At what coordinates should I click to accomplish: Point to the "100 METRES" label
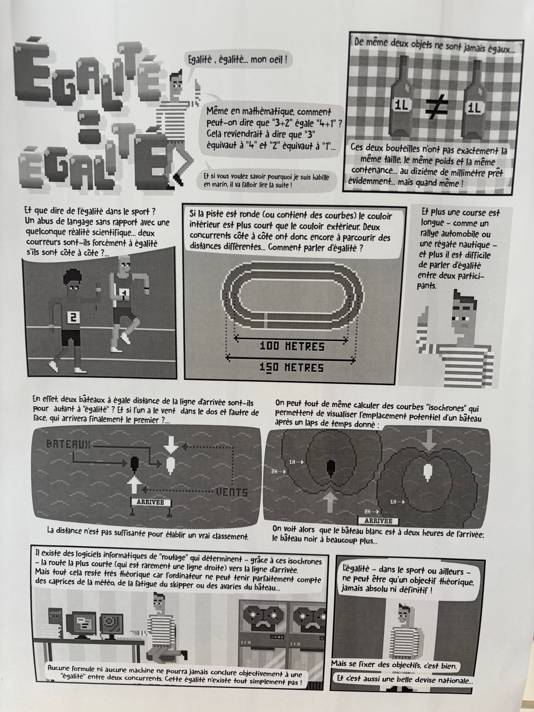292,346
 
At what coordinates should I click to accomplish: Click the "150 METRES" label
292,368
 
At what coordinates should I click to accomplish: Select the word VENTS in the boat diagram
232,493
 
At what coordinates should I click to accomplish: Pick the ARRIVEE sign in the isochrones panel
378,521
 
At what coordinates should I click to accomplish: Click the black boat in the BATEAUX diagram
134,464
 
